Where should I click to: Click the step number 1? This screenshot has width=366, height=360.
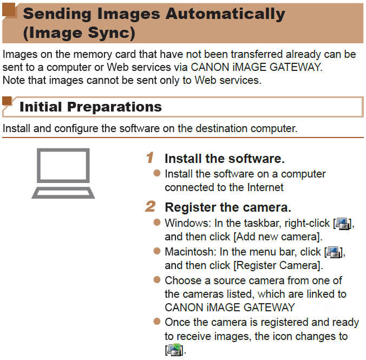pos(150,159)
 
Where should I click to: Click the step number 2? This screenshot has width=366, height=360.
pos(150,207)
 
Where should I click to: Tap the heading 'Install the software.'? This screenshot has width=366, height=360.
pos(224,159)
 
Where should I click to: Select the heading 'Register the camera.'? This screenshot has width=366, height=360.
pos(227,207)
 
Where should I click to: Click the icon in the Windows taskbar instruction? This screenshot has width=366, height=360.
pos(343,222)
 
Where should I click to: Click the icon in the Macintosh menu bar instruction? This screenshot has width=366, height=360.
pos(334,252)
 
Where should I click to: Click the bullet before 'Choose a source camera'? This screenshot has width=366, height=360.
pos(157,280)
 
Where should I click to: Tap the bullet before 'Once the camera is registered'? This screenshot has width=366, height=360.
pos(157,323)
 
